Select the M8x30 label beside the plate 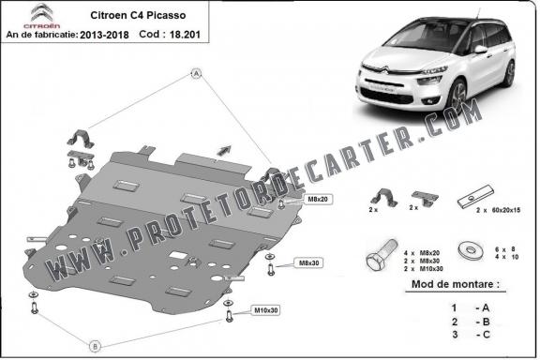coord(307,262)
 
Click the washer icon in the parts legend coord(466,250)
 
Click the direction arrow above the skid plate coord(223,147)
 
